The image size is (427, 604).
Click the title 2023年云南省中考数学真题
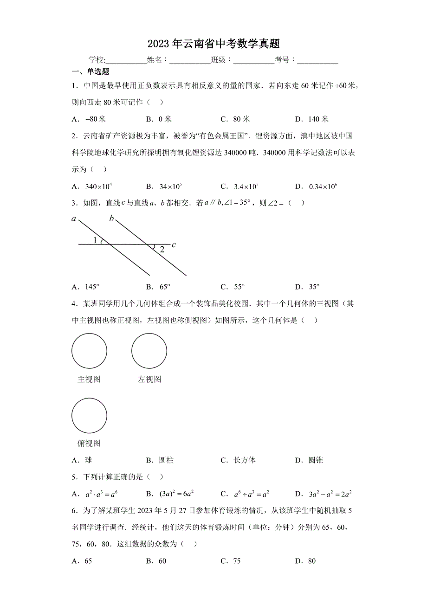pyautogui.click(x=213, y=44)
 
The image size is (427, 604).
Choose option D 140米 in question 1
pyautogui.click(x=312, y=119)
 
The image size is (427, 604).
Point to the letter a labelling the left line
pyautogui.click(x=74, y=219)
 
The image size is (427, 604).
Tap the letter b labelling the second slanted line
pyautogui.click(x=111, y=218)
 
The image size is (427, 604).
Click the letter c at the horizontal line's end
pyautogui.click(x=174, y=244)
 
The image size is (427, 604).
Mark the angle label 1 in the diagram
pyautogui.click(x=95, y=240)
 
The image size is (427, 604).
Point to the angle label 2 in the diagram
pyautogui.click(x=162, y=250)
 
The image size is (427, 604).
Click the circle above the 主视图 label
pyautogui.click(x=89, y=351)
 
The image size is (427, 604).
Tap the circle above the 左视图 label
pyautogui.click(x=149, y=351)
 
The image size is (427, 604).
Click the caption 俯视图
pyautogui.click(x=89, y=443)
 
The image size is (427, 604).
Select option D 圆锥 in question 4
pyautogui.click(x=309, y=460)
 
